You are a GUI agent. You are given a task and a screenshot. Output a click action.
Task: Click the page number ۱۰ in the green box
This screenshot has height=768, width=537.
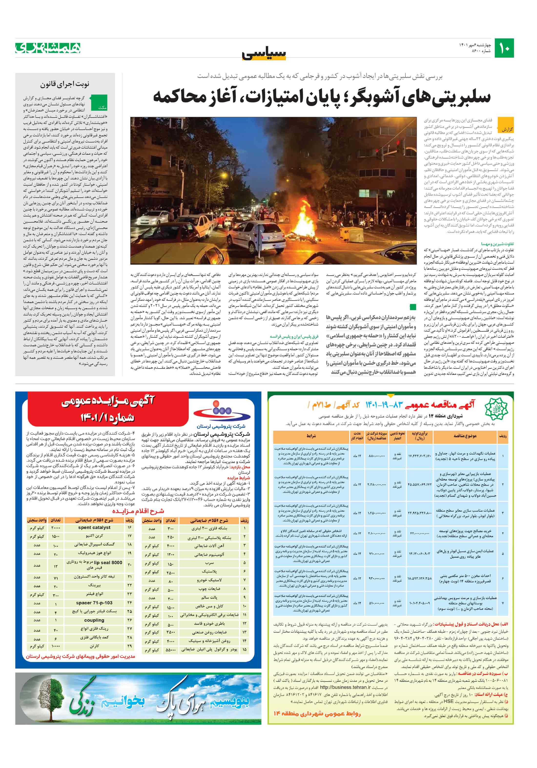point(504,48)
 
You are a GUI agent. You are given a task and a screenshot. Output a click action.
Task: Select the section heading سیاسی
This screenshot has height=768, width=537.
point(264,54)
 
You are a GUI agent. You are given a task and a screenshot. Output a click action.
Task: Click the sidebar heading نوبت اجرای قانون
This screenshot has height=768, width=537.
point(65,84)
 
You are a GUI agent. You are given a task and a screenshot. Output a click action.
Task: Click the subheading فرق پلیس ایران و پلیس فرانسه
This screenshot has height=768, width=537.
point(294,336)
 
